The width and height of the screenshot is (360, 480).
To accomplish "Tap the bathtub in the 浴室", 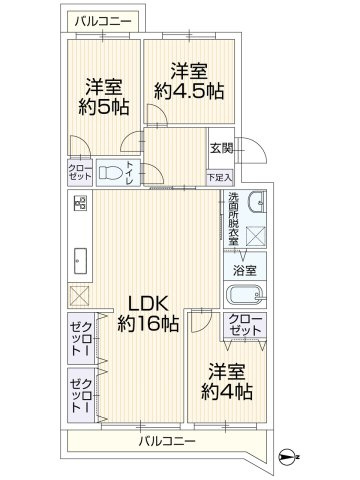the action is click(245, 295).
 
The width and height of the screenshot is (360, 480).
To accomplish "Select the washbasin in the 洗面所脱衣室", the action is click(257, 202).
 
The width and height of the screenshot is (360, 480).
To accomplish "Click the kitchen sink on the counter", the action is click(80, 261).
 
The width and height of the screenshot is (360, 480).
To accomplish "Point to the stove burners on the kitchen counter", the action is click(80, 203).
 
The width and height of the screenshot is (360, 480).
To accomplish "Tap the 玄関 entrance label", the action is click(221, 148).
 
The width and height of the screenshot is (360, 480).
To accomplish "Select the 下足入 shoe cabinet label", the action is click(220, 177).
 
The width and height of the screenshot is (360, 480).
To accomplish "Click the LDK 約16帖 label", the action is click(148, 313).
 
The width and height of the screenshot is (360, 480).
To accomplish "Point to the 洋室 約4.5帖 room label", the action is click(189, 81).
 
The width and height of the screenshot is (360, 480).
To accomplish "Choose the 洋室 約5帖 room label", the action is click(104, 97).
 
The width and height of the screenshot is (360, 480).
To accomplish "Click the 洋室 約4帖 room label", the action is click(227, 382).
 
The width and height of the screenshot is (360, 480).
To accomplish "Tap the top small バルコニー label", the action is click(103, 22).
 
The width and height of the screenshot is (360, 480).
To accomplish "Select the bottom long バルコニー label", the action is click(167, 441).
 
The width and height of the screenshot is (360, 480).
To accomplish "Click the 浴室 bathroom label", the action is click(245, 270).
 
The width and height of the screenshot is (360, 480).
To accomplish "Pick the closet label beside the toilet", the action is click(80, 172).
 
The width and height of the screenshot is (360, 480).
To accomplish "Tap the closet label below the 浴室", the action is click(245, 325).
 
